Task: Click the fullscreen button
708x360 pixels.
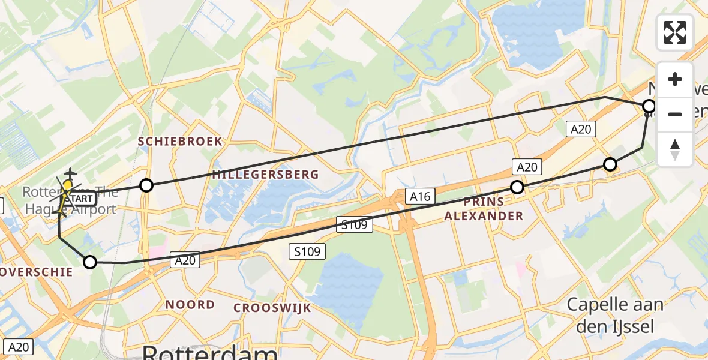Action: pyautogui.click(x=675, y=32)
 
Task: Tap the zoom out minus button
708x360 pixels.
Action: pyautogui.click(x=675, y=114)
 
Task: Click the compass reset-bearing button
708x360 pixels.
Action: pyautogui.click(x=675, y=149)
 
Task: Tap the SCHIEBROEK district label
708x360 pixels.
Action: pyautogui.click(x=180, y=142)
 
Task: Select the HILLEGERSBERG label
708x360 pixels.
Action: pyautogui.click(x=265, y=175)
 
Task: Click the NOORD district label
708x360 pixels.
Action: pyautogui.click(x=190, y=305)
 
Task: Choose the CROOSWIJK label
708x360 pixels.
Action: pyautogui.click(x=272, y=308)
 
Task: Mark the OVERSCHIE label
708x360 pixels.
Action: pyautogui.click(x=36, y=272)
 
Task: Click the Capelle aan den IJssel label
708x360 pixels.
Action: pyautogui.click(x=616, y=315)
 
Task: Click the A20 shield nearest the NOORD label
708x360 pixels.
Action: pyautogui.click(x=184, y=260)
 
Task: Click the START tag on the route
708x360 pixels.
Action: pyautogui.click(x=80, y=199)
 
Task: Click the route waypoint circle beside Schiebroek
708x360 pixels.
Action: pyautogui.click(x=146, y=185)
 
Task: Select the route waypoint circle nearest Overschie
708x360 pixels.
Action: pyautogui.click(x=90, y=262)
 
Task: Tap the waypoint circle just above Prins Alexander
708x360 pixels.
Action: pyautogui.click(x=517, y=187)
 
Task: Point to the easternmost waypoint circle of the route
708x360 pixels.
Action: pyautogui.click(x=649, y=107)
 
